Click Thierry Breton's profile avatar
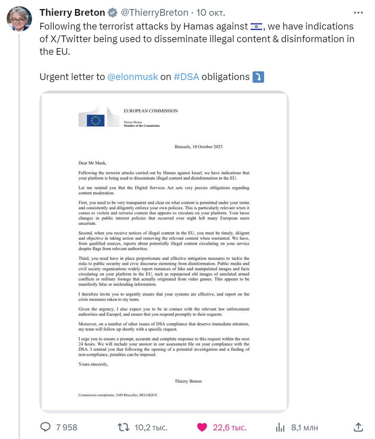19,19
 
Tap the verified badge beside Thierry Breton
112,13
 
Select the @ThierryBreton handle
154,13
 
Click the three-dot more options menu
358,13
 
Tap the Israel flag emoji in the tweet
256,27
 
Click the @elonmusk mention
132,77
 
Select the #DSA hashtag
186,77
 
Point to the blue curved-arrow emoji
258,77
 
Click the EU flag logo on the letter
95,120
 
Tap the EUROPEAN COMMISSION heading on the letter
151,111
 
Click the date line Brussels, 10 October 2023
198,147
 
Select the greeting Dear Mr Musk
92,163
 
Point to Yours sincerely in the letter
93,364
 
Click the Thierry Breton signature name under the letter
188,381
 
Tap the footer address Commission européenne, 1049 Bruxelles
118,395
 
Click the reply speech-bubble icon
46,427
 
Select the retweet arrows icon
123,427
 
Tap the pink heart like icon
202,427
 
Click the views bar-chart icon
280,427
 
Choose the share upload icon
358,427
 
